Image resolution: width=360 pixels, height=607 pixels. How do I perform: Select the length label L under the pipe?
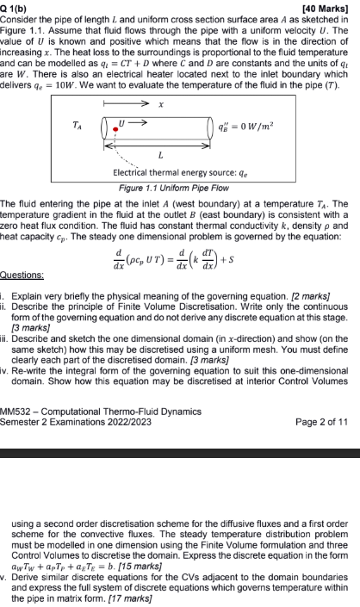click(x=161, y=155)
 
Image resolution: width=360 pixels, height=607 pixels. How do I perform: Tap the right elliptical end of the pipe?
click(x=213, y=129)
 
